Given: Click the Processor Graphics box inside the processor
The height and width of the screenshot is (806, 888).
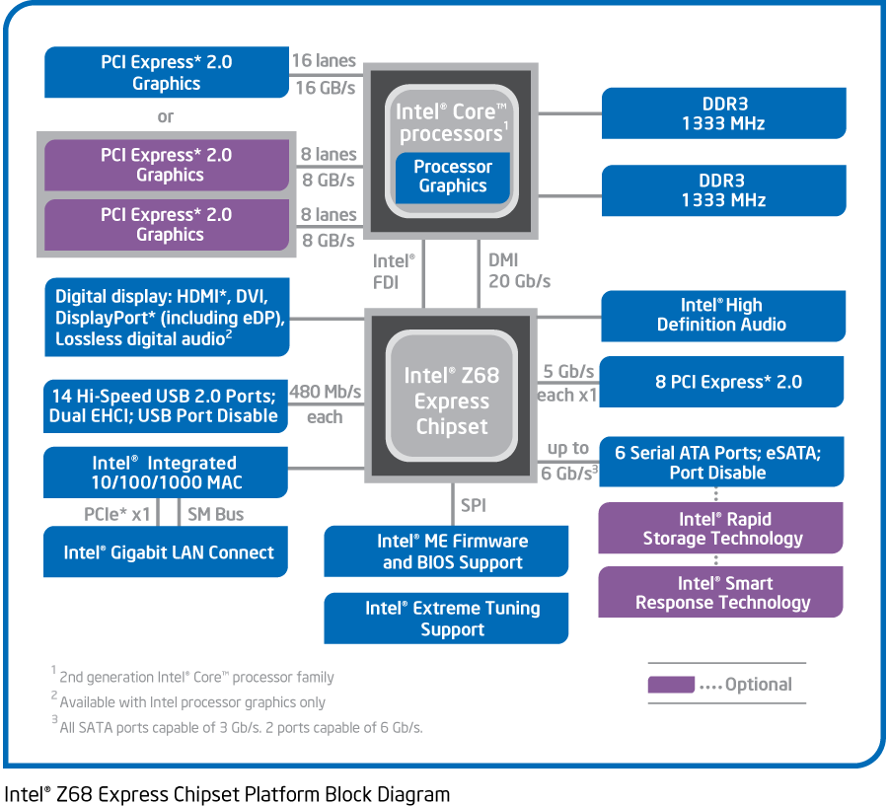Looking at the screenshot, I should (x=453, y=177).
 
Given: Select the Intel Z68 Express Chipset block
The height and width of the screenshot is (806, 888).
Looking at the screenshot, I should (x=452, y=401).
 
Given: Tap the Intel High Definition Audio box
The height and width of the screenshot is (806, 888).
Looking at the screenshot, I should (x=722, y=315).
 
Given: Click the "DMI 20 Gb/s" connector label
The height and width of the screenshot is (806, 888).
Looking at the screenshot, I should (x=519, y=270).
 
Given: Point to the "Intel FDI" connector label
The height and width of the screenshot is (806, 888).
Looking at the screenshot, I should (x=393, y=270).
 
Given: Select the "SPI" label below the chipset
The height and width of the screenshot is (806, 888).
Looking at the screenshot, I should (x=474, y=506).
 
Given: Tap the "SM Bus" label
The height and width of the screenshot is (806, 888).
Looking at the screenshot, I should (x=215, y=514).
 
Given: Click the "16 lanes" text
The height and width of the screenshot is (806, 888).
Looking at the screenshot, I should (x=324, y=61).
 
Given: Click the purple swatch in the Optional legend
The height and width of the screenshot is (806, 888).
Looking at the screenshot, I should (x=671, y=685).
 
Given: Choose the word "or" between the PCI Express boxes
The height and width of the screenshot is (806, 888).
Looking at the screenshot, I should (x=165, y=116).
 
